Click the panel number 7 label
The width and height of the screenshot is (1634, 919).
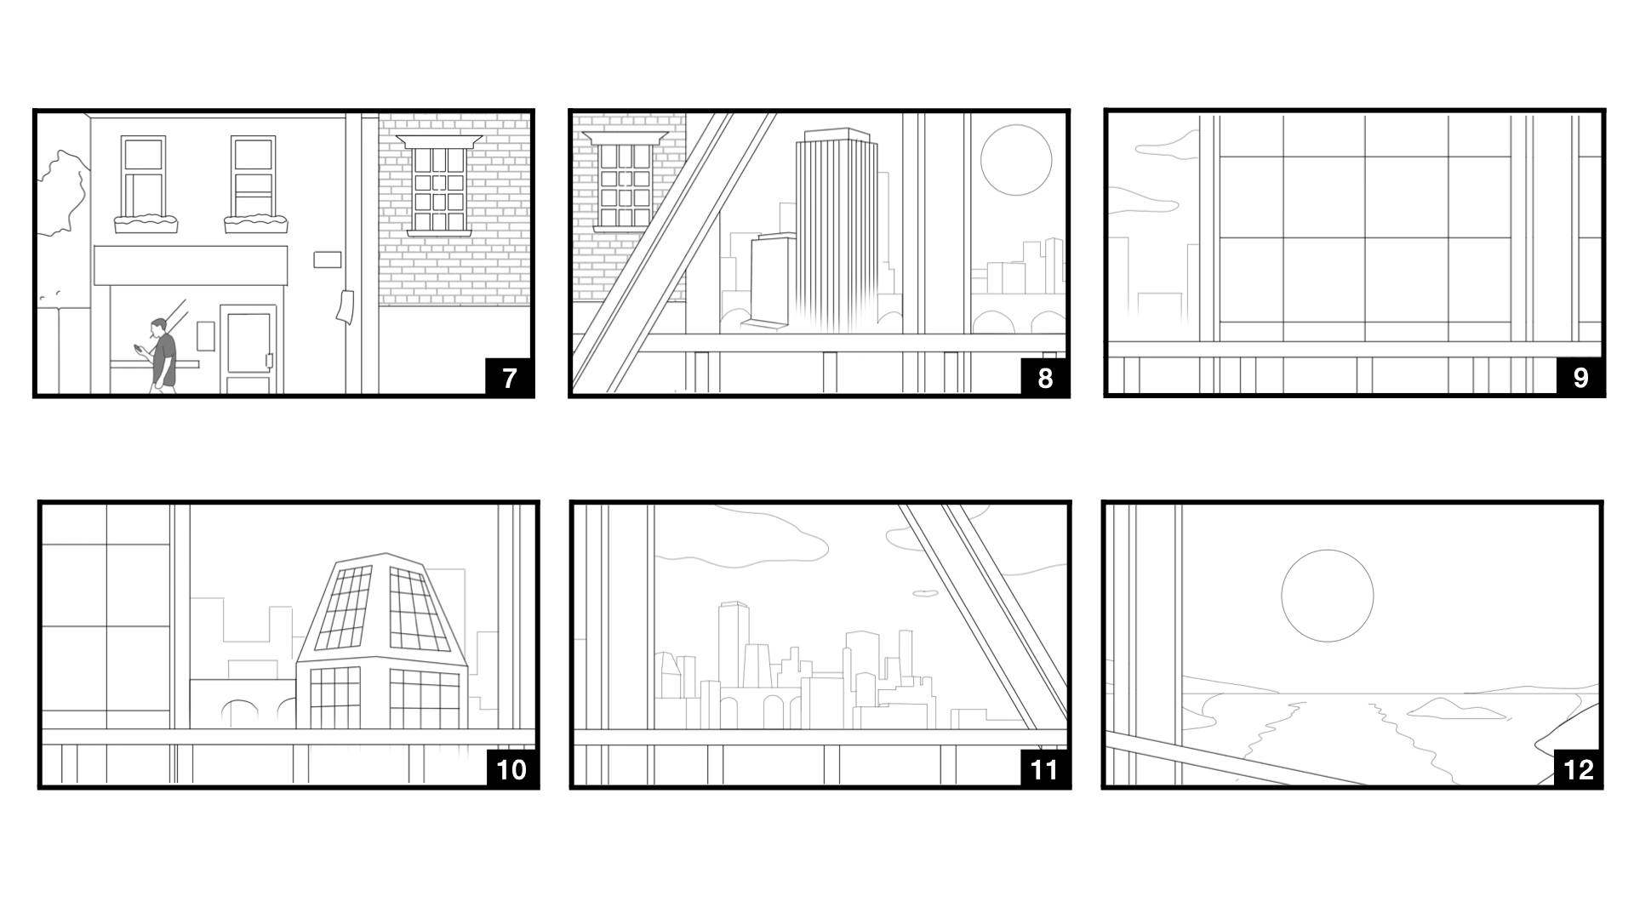point(509,377)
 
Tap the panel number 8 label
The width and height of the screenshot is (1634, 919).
point(1044,377)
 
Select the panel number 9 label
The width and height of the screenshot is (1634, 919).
point(1580,377)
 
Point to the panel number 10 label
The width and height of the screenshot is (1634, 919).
point(511,769)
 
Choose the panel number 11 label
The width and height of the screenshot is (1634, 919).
point(1044,769)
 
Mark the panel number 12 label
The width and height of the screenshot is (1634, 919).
point(1578,769)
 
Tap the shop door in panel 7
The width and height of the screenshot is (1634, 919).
point(249,350)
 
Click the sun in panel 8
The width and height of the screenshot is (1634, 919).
point(1015,160)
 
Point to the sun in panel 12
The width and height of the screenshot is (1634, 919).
point(1327,596)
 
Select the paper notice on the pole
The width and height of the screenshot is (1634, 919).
point(345,306)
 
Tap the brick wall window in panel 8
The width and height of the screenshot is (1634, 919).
point(626,182)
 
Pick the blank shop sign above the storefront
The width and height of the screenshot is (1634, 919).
point(191,265)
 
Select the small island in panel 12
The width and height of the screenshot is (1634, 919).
point(1444,708)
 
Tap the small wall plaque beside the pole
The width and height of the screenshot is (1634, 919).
point(327,259)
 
